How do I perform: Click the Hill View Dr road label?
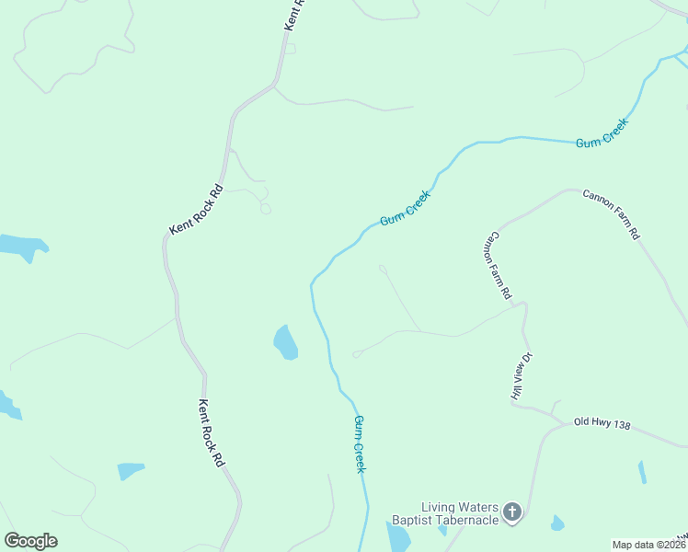coord(522,375)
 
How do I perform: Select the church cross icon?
coord(512,511)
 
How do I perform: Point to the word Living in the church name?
coord(440,507)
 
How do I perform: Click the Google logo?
coord(31,541)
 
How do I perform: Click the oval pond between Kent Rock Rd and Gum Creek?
coord(285,342)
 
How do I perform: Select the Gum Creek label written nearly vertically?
coord(361,443)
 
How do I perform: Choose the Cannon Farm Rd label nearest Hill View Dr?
coord(498,265)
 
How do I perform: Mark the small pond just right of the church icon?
coord(556,523)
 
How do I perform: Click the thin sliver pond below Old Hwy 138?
coord(642,472)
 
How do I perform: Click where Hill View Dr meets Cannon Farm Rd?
coord(522,303)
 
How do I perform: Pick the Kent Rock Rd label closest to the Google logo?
coord(212,432)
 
